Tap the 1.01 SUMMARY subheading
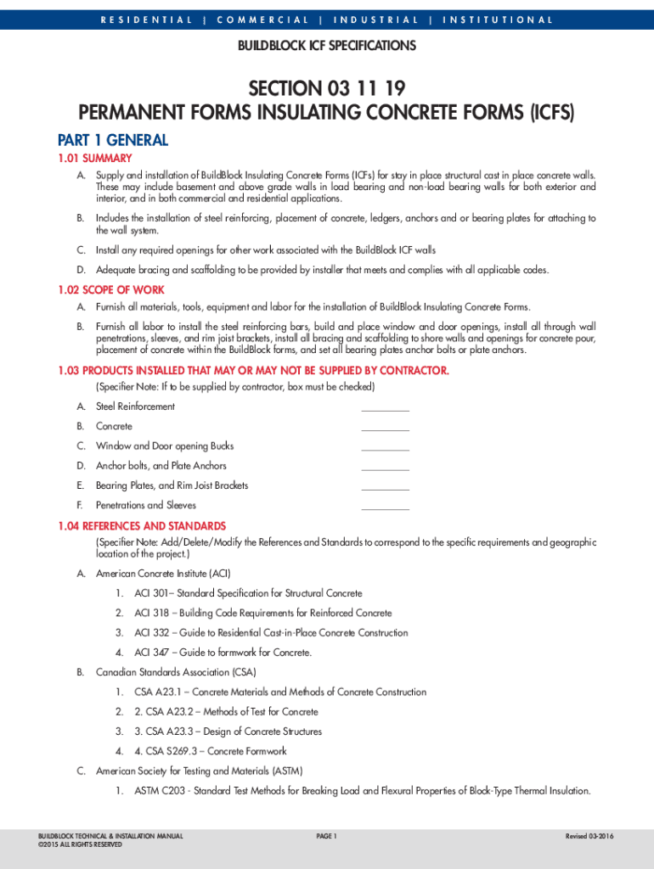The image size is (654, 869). (x=94, y=159)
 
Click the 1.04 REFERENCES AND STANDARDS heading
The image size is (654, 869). (x=142, y=526)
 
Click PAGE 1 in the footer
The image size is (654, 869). (x=327, y=837)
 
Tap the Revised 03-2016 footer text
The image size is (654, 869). (x=589, y=837)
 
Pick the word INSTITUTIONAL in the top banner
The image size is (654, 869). (x=498, y=20)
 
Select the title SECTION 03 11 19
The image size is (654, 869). (x=326, y=89)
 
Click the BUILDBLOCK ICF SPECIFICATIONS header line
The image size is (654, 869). (x=326, y=46)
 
